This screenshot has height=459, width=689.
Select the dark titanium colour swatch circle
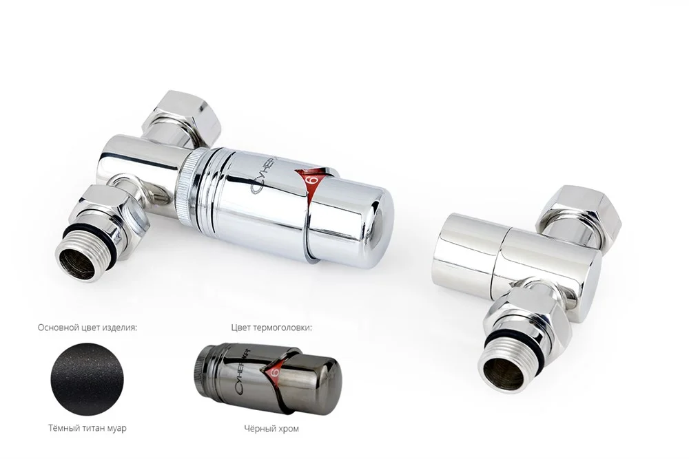(x=88, y=379)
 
